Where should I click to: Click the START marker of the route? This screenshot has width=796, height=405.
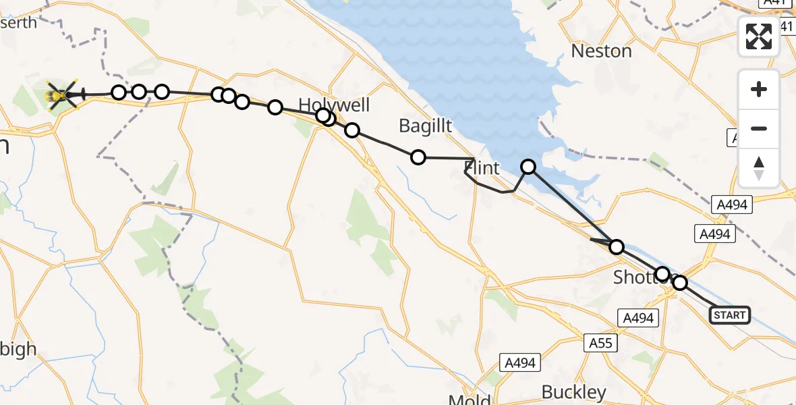coord(729,315)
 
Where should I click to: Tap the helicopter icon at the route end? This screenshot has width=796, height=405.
coord(63,96)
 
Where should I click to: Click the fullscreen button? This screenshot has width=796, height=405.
coord(759,36)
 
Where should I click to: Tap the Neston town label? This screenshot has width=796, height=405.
coord(601,51)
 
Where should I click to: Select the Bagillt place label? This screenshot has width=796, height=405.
coord(425,126)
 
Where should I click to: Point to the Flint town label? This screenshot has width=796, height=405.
coord(483,168)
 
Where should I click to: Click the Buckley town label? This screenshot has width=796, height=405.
coord(574,392)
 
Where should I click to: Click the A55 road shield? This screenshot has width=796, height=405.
coord(600,343)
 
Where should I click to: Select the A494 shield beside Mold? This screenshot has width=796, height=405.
coord(520,363)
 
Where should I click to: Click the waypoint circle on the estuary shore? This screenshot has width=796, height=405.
coord(528,166)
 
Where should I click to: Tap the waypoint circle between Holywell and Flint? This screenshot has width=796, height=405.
coord(418,157)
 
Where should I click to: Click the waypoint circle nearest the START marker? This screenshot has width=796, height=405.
coord(679,283)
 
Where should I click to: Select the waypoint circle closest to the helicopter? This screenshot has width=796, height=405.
coord(119,92)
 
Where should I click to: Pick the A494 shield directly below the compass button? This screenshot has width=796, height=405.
coord(731,203)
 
